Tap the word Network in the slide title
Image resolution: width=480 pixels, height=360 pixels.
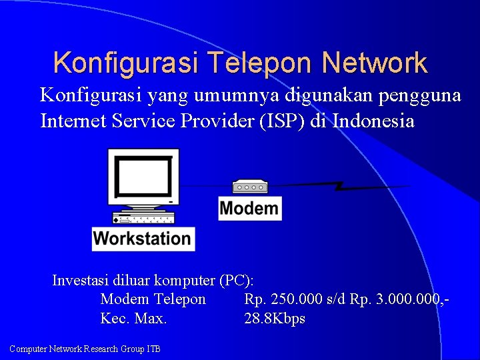pos(374,63)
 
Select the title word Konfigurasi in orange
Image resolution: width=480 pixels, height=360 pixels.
pos(126,63)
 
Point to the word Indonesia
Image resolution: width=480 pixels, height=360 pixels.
pos(373,121)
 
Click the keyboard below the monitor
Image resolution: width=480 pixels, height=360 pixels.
pos(144,219)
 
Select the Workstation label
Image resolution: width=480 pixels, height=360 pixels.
pos(143,238)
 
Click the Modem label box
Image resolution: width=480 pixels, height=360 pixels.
pos(249,208)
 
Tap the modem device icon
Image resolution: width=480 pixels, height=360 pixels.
pos(250,187)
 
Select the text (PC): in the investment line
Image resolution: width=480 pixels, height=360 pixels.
pos(241,280)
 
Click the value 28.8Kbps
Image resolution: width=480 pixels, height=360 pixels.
pos(275,319)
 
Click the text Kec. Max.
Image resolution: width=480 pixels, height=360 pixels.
pos(133,319)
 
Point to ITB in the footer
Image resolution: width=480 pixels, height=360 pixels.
pos(152,349)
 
